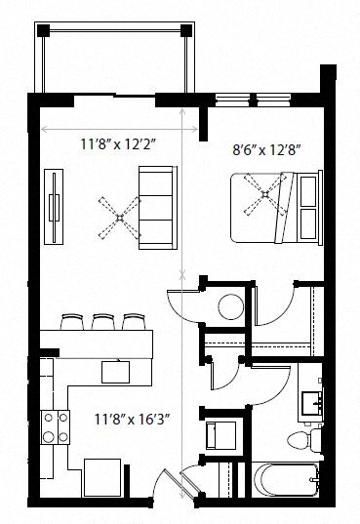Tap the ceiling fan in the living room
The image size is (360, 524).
117,217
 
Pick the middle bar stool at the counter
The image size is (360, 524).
101,321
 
